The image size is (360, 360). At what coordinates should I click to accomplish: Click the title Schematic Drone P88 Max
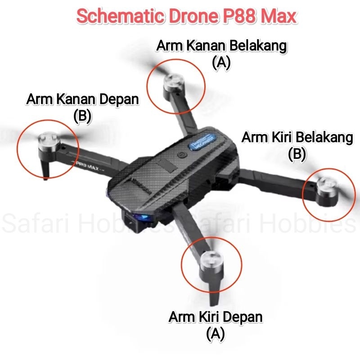tap(187, 17)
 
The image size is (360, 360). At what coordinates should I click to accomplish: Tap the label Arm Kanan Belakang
tap(221, 46)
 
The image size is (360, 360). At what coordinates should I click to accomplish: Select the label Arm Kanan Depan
tap(82, 99)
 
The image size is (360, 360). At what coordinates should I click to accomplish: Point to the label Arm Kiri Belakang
tap(297, 138)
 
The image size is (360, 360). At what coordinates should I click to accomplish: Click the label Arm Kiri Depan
tap(215, 316)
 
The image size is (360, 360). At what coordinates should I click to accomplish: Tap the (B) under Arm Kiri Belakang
tap(297, 154)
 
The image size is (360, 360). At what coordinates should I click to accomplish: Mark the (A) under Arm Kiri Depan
tap(215, 333)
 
